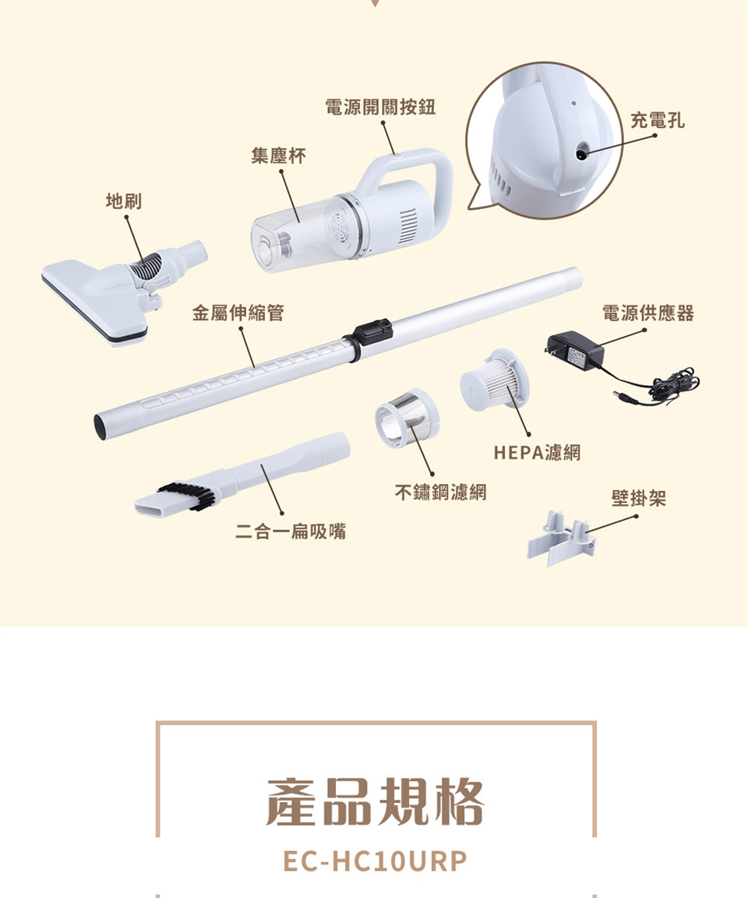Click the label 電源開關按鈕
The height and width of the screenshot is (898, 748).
(x=380, y=107)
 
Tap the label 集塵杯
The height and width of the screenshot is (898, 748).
(x=278, y=155)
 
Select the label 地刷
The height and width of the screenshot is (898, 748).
(x=124, y=201)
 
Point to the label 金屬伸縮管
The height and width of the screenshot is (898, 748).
(x=238, y=313)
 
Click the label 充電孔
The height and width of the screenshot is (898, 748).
(x=657, y=120)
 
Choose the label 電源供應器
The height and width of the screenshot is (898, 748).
(x=647, y=313)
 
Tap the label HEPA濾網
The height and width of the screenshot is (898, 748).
(x=537, y=452)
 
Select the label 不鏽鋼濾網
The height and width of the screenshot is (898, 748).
(x=441, y=491)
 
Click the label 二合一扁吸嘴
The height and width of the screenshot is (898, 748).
(x=291, y=531)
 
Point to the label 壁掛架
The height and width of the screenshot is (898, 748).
(x=639, y=497)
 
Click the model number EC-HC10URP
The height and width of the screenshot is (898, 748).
(x=376, y=861)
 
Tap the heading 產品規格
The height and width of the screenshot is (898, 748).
(x=376, y=802)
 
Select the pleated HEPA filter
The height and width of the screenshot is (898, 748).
(x=495, y=379)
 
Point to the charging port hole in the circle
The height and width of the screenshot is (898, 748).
(x=581, y=153)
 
